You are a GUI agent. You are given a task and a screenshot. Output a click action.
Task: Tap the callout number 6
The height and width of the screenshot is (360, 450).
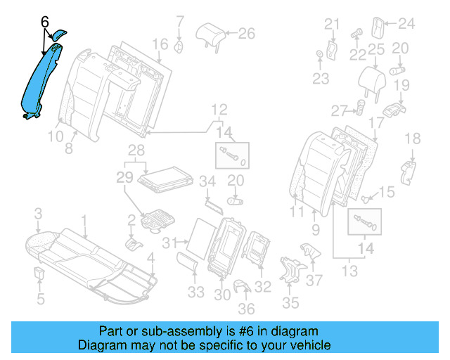point(44,22)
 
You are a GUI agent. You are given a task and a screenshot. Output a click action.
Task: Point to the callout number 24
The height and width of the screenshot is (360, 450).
point(407,24)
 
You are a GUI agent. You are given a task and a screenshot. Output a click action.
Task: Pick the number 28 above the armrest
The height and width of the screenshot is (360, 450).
point(136,150)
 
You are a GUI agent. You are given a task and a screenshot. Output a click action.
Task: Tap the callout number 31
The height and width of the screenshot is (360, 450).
point(167,243)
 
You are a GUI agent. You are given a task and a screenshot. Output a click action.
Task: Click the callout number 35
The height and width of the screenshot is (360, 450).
point(290,303)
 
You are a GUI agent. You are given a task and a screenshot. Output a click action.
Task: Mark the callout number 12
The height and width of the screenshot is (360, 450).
point(219,109)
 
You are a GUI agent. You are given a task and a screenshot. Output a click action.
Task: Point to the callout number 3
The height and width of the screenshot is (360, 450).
point(39,213)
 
